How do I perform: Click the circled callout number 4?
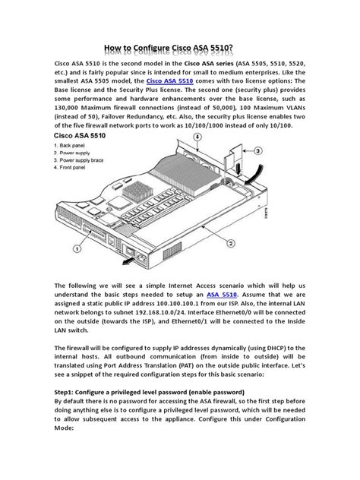coord(198,137)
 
